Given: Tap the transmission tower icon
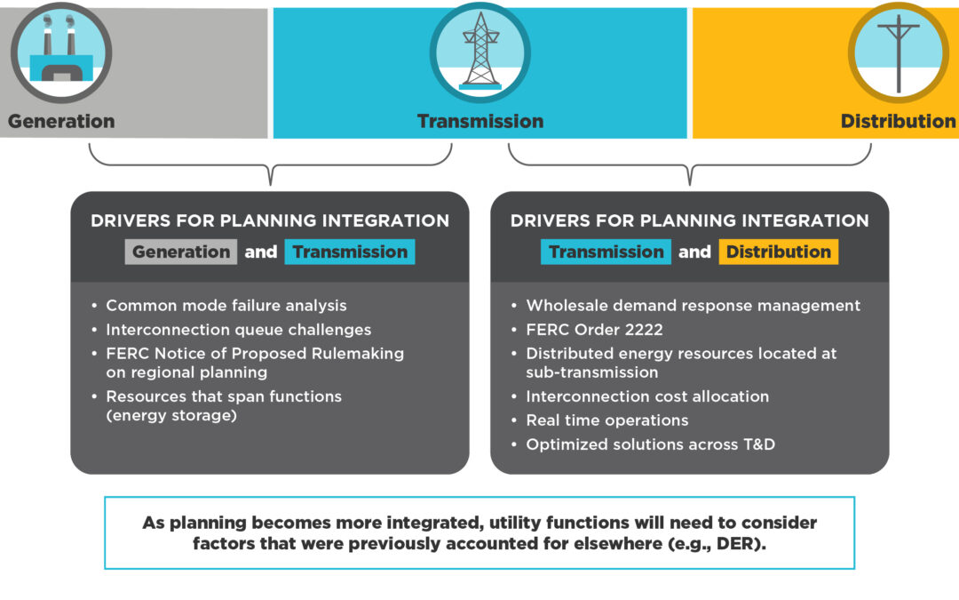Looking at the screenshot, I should click(x=480, y=52).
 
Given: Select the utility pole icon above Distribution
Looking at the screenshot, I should click(x=899, y=52).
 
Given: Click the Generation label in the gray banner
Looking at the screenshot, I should click(x=61, y=121).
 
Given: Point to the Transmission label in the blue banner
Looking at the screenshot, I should click(x=480, y=121).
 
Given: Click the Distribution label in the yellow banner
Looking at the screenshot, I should click(x=898, y=121).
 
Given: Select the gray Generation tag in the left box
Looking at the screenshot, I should click(x=181, y=252).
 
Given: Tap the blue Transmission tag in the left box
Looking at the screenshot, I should click(x=350, y=252).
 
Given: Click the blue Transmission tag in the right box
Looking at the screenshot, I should click(x=606, y=252).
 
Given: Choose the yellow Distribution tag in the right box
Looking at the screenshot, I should click(x=779, y=252).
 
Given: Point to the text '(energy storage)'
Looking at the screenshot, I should click(x=171, y=414).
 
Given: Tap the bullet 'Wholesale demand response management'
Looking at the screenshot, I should click(x=693, y=306).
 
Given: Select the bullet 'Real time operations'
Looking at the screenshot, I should click(x=606, y=420).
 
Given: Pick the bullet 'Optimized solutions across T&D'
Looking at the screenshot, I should click(x=650, y=444).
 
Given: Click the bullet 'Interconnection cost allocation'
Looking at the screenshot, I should click(x=647, y=396).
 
